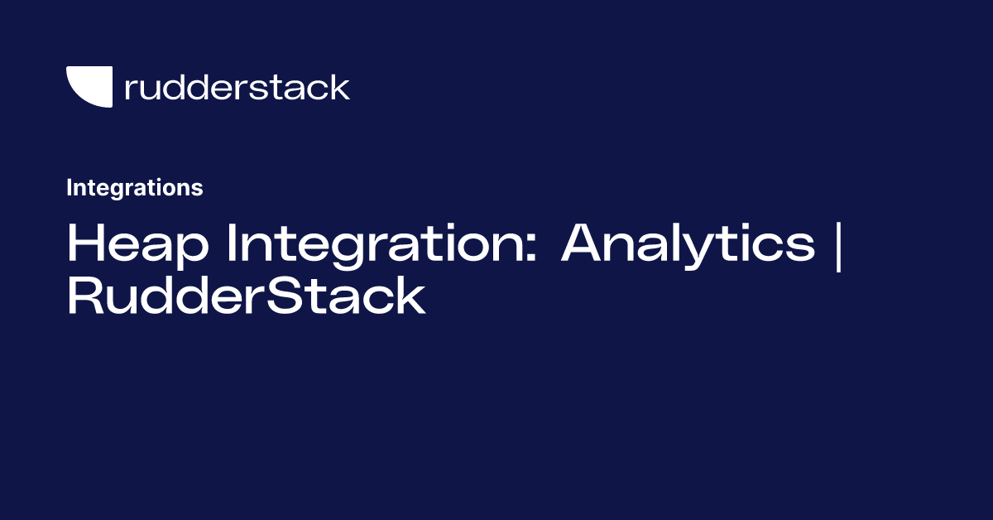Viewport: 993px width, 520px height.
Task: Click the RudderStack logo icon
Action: (89, 87)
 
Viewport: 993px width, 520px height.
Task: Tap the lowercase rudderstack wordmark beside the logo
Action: (237, 87)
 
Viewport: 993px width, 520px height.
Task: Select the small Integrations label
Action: (134, 188)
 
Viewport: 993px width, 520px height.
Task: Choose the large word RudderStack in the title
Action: (246, 297)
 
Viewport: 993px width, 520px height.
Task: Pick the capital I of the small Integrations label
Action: (70, 188)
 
